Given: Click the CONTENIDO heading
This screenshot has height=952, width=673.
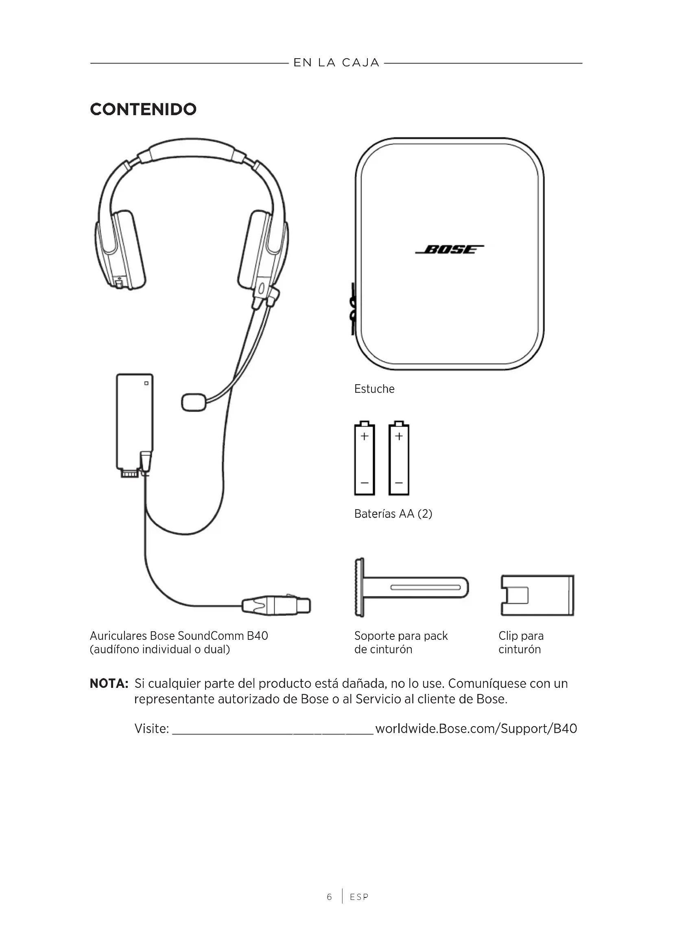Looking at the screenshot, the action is pos(143,109).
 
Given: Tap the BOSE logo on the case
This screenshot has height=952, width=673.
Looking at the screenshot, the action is pos(449,249).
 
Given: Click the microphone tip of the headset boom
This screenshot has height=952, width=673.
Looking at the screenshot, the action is pos(194,402).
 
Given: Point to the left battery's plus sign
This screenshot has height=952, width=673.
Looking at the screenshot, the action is pos(364,436).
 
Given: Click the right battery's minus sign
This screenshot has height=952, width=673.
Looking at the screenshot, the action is pos(399,483).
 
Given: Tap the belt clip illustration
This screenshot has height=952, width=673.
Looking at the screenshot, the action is pos(537,595).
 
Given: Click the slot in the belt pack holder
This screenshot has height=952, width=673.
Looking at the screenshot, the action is pos(425,588).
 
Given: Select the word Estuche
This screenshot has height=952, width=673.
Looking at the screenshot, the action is pos(374,389).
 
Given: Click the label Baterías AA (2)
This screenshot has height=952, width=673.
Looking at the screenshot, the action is pos(393,514).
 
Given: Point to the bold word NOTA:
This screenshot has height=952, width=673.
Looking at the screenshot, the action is pos(109,683).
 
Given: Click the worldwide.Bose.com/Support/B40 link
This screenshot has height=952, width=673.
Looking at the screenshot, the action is pos(476,729).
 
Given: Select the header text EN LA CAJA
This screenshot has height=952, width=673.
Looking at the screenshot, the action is pos(336,63).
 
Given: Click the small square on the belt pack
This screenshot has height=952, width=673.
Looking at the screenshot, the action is pos(146,383).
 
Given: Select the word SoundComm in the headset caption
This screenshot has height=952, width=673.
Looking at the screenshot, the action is pos(210,636).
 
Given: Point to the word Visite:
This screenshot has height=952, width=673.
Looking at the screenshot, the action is pos(152,729).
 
